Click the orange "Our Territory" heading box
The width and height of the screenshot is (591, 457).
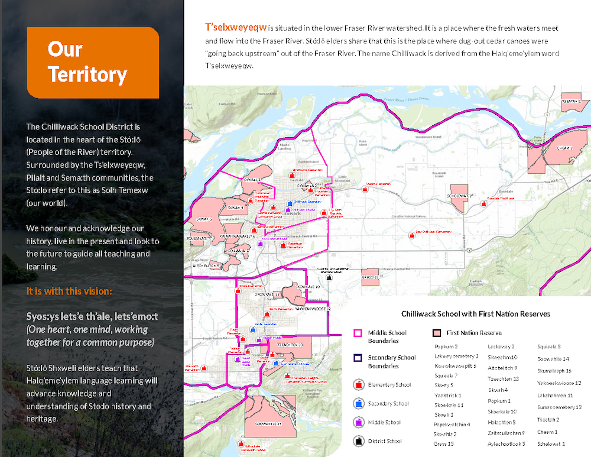93,62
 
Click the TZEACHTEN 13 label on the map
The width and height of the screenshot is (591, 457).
290,345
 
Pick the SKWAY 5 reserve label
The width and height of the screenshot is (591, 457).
204,219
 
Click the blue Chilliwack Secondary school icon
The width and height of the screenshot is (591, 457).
289,202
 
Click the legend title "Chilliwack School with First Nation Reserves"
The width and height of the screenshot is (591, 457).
475,314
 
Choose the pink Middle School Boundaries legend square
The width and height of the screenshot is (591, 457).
357,333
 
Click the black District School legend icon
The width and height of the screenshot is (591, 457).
358,440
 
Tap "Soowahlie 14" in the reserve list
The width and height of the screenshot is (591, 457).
553,359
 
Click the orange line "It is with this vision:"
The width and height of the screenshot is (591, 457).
69,291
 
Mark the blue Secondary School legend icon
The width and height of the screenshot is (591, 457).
358,404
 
